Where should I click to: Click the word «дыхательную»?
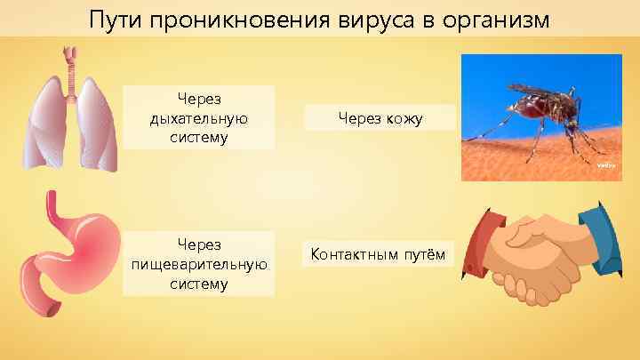(198, 117)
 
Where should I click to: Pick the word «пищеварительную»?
(198, 264)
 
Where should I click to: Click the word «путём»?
(425, 256)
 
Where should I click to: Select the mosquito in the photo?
(542, 111)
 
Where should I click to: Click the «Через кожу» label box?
(380, 117)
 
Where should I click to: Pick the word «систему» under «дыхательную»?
(198, 137)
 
